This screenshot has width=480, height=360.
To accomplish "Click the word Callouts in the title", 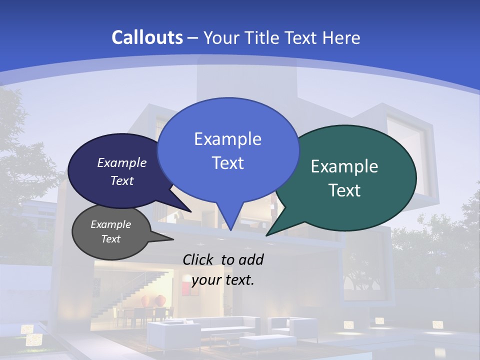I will point(147,37).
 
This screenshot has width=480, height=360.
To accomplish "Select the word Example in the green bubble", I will point(344,166).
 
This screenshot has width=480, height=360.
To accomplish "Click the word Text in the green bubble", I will point(344,190).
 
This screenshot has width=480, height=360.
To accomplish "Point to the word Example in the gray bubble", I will point(110,224).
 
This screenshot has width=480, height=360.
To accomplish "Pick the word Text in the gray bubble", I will point(110,239).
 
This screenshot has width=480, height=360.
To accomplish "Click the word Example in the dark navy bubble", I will point(121,162).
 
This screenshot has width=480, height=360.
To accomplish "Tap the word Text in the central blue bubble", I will point(227,163).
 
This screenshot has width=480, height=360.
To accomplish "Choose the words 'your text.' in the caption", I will point(222,280).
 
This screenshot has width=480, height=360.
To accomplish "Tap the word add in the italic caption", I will point(250,259).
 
